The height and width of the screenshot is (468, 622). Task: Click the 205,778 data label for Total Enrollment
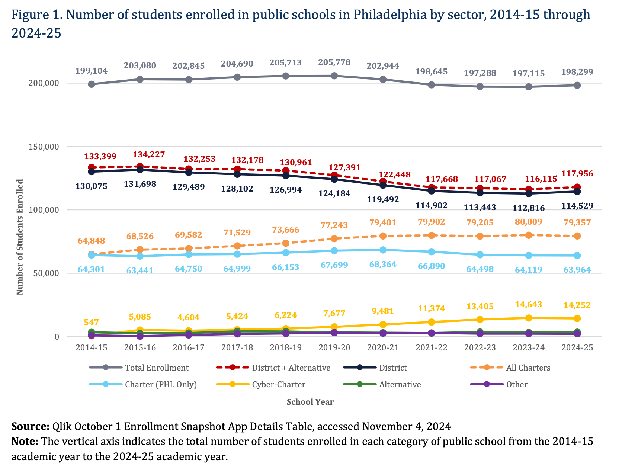(x=334, y=62)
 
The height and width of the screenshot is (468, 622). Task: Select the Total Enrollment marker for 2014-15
(x=92, y=84)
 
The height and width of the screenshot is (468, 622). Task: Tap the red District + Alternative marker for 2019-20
(x=334, y=175)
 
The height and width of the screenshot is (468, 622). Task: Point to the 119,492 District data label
(x=382, y=199)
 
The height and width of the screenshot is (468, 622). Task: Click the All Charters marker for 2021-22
(x=432, y=235)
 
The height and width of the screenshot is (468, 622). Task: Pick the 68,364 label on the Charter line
(x=382, y=265)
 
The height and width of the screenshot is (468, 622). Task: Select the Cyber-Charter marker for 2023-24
(x=529, y=318)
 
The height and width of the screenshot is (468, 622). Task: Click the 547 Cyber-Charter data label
(x=91, y=322)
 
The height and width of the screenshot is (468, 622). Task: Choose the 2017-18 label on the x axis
(x=237, y=347)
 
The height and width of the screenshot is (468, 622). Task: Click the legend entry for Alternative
(x=400, y=384)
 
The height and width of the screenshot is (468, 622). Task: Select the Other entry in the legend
(x=517, y=384)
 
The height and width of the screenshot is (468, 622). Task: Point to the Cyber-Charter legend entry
(x=278, y=384)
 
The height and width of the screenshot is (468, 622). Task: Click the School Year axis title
(x=310, y=402)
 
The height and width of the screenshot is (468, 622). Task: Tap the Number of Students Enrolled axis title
(x=20, y=237)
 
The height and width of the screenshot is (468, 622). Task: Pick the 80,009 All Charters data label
(x=528, y=222)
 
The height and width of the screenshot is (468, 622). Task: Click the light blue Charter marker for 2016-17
(x=189, y=254)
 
